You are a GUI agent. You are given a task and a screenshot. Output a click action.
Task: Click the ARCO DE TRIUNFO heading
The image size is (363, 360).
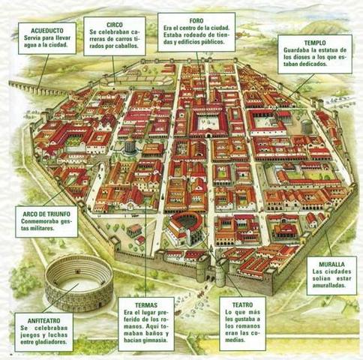(x=42, y=214)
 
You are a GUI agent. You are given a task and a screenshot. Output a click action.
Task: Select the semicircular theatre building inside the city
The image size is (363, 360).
(x=183, y=225)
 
